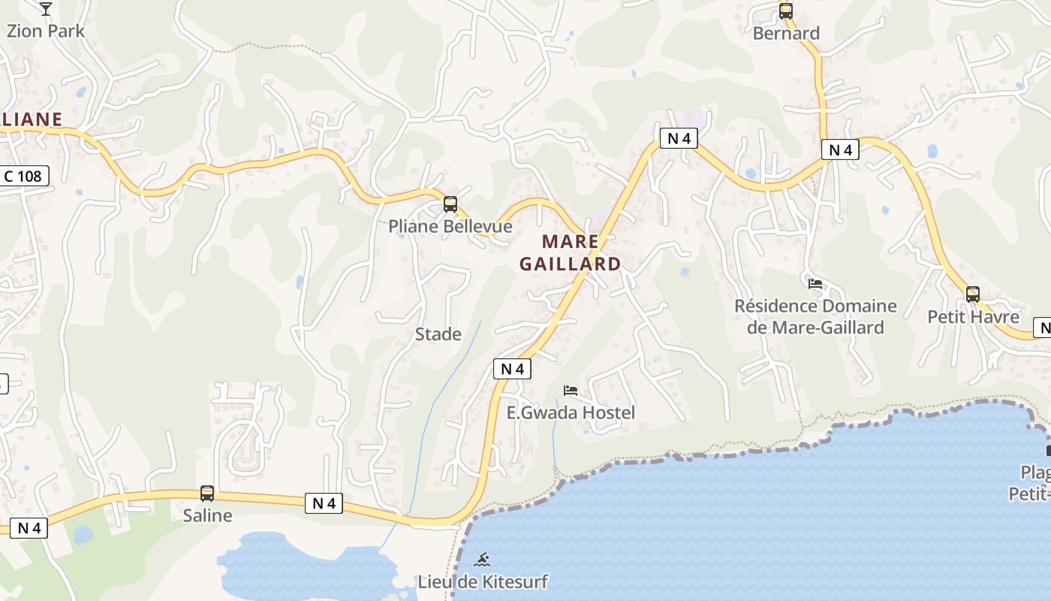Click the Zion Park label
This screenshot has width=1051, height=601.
[46, 32]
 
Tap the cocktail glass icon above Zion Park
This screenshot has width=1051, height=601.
[46, 9]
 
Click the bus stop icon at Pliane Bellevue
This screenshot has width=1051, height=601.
[450, 204]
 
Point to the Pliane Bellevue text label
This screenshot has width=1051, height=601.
[450, 226]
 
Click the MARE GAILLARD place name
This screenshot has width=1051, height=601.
[571, 252]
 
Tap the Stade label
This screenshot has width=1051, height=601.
[438, 334]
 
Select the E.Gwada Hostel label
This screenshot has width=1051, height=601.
[571, 412]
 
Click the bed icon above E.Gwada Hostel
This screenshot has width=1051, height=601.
[571, 391]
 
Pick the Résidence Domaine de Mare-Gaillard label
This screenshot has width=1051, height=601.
[815, 316]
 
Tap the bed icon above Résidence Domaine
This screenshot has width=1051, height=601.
[815, 284]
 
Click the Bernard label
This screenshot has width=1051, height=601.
[786, 33]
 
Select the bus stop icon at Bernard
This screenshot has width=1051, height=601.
[786, 11]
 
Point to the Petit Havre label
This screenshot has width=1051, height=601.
[973, 316]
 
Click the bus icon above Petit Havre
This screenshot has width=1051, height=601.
[973, 294]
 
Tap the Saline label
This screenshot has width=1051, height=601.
[207, 516]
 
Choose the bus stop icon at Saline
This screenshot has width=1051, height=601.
[207, 494]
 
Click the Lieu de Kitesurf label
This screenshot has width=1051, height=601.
[483, 581]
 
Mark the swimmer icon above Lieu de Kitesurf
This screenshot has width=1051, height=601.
[483, 559]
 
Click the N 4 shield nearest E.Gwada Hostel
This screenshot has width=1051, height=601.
[512, 369]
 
